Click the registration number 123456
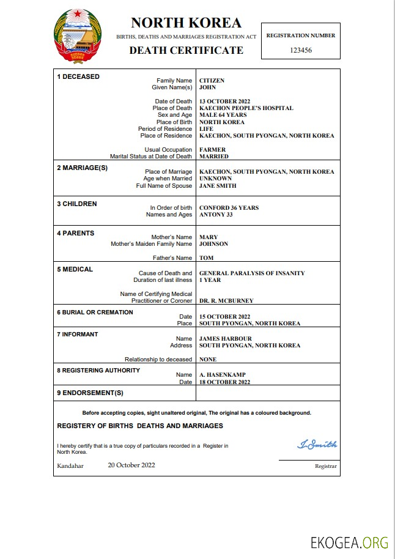[x=301, y=51]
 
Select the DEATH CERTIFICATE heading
[x=186, y=50]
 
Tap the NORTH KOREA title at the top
[x=186, y=23]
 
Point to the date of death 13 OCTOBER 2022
[x=224, y=102]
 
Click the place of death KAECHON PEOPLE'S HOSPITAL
[x=246, y=108]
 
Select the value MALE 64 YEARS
[x=223, y=115]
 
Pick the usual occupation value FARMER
[x=212, y=150]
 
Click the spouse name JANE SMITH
[x=218, y=186]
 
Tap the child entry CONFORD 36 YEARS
[x=229, y=208]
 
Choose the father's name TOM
[x=206, y=258]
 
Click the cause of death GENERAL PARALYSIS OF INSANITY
[x=252, y=273]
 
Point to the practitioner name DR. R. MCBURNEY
[x=226, y=301]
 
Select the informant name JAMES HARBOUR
[x=225, y=339]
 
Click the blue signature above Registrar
[x=317, y=445]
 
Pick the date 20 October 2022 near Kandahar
[x=131, y=465]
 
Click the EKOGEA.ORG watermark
[x=349, y=542]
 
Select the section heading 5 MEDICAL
[x=75, y=269]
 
